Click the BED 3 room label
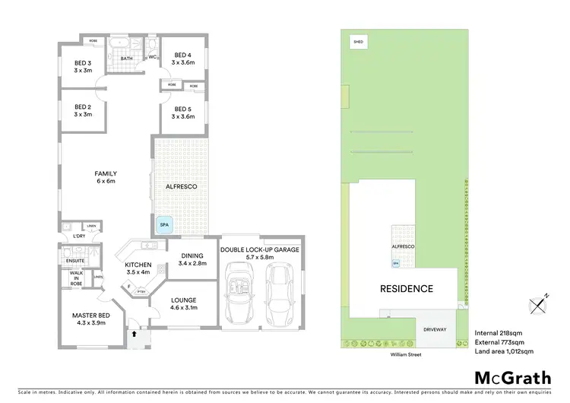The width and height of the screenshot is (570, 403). coord(83,66)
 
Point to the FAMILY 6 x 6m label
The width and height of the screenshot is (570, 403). coord(106,177)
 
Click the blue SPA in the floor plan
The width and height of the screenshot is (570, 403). coord(164,225)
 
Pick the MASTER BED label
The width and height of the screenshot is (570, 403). coord(90,319)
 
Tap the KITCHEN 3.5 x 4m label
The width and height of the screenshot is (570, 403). coord(139,268)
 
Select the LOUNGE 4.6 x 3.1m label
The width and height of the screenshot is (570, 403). coord(184,304)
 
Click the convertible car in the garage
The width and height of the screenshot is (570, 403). coord(239,289)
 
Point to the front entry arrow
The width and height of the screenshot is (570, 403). coord(135,333)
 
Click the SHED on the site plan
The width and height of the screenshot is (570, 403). coord(356,43)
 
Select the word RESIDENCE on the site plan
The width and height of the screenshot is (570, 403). coord(407,289)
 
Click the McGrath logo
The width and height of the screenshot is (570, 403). coord(513,377)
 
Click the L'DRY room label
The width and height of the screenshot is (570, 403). coord(78,236)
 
